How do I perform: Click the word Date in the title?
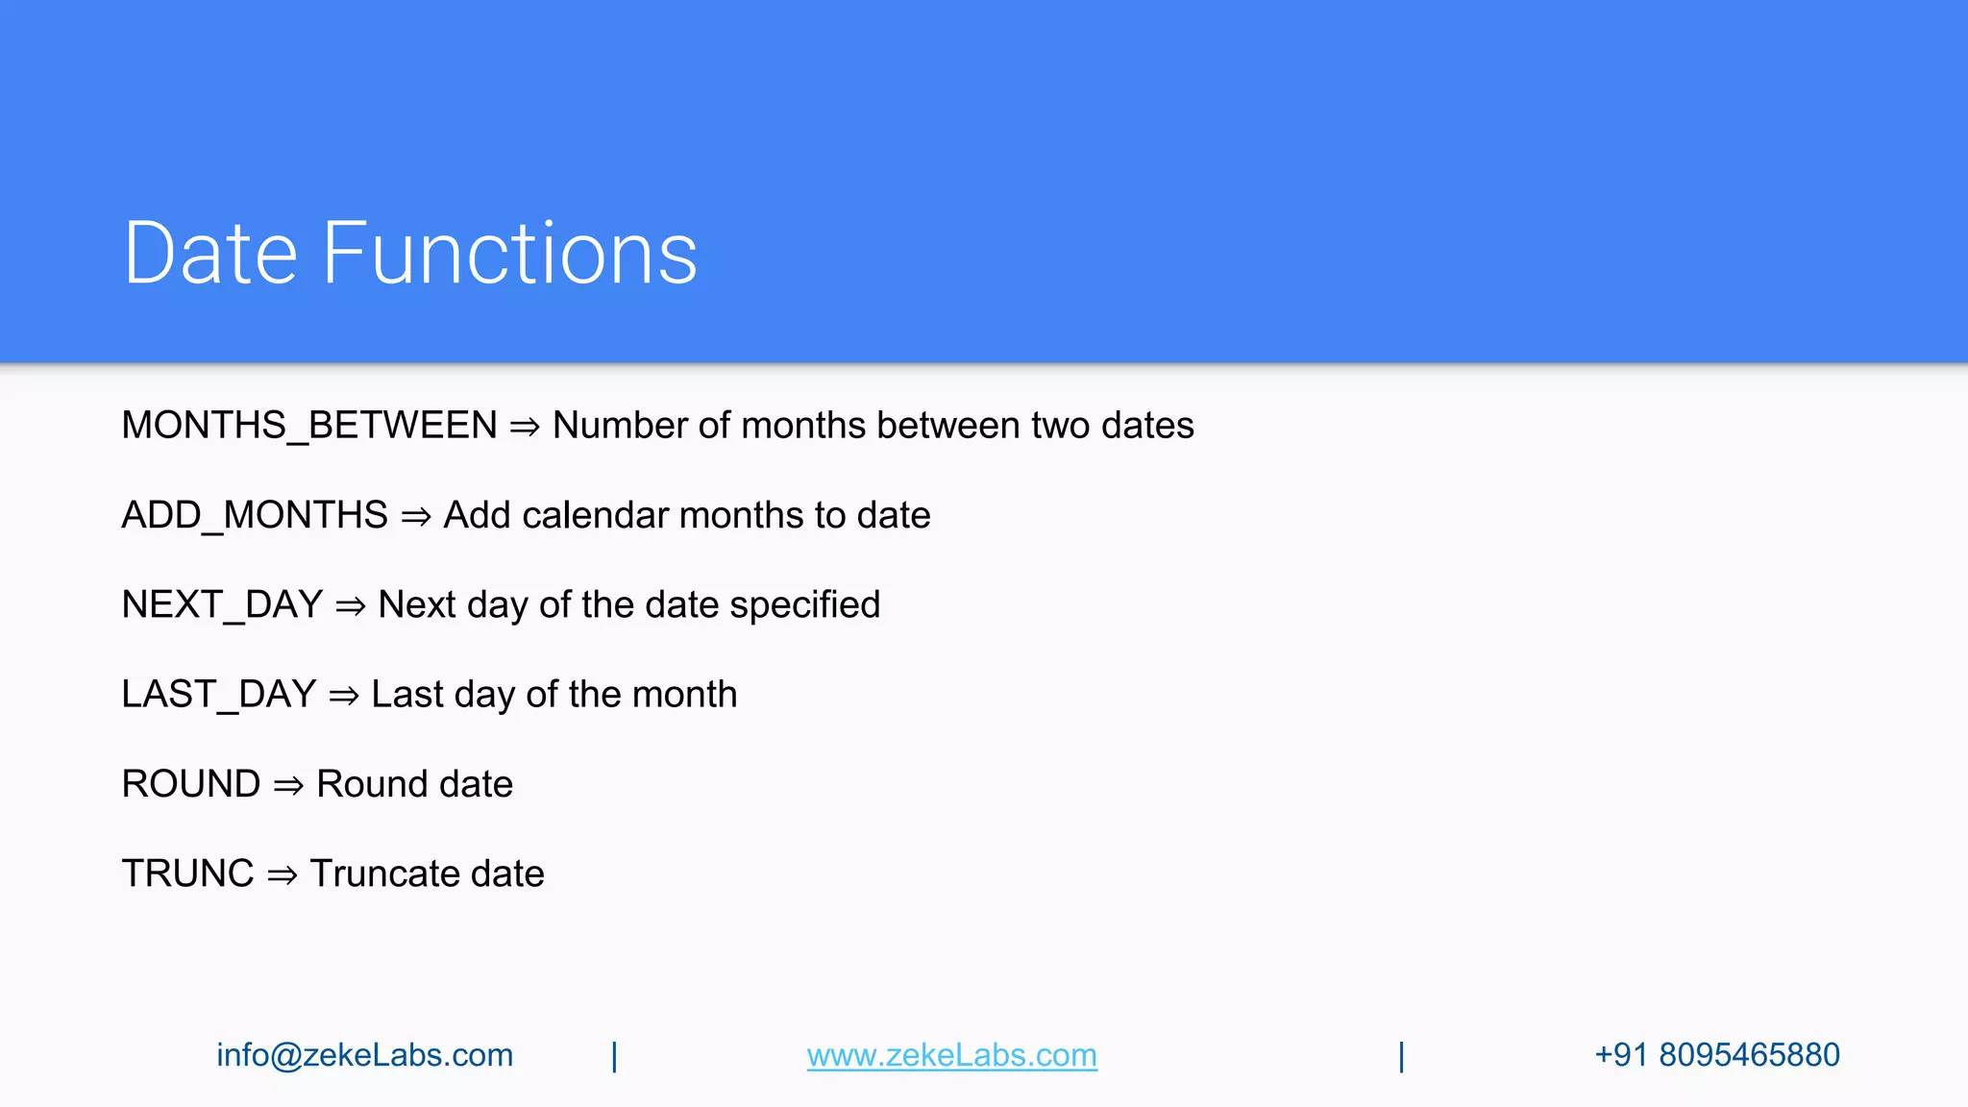pos(210,254)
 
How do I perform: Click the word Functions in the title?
pos(509,254)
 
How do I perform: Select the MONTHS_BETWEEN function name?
pos(309,426)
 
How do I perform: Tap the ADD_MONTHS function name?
pos(255,516)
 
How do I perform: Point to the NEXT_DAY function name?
pos(222,605)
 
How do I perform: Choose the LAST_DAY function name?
pos(219,695)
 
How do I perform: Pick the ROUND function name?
pos(191,784)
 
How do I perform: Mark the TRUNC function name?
pos(187,873)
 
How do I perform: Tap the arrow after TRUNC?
pos(282,875)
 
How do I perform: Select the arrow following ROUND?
pos(288,786)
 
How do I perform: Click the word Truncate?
pos(384,873)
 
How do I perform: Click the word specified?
pos(804,605)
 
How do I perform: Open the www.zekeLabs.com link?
pos(951,1055)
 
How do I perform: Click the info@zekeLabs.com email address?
pos(364,1055)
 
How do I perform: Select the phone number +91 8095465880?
pos(1716,1055)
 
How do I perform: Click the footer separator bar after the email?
pos(614,1056)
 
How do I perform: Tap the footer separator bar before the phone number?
pos(1401,1056)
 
